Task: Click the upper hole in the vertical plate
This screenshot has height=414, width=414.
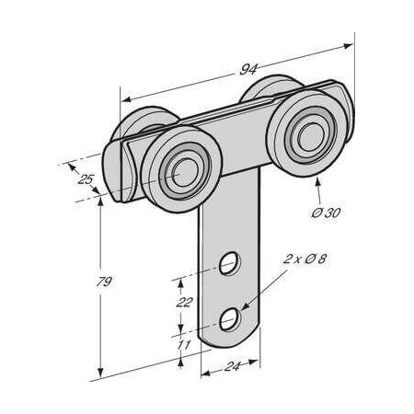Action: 230,267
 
